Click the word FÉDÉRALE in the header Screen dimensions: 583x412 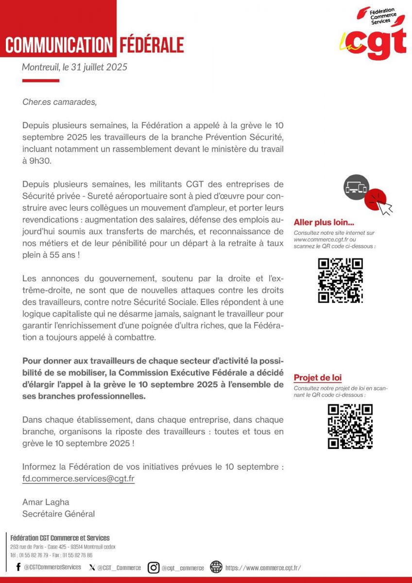point(152,45)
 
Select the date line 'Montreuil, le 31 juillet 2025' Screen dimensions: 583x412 point(74,67)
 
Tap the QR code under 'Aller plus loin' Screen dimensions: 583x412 point(340,281)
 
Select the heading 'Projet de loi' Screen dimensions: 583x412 point(318,378)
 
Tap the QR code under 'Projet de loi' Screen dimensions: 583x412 point(350,426)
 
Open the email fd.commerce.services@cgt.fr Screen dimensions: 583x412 point(78,479)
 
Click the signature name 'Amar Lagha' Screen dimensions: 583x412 point(45,502)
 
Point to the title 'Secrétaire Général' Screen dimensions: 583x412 point(58,514)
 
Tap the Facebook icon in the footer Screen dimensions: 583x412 point(18,567)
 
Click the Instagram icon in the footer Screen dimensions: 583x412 point(154,567)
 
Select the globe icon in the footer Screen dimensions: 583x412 point(216,567)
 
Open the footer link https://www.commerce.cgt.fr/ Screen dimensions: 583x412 point(263,567)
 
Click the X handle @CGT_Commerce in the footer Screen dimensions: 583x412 point(119,567)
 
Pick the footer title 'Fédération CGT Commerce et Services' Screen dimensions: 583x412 point(60,538)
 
